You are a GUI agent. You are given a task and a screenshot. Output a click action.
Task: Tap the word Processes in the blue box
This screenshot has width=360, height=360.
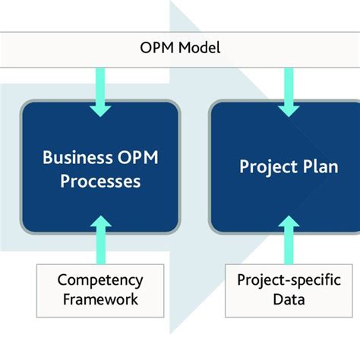(102, 182)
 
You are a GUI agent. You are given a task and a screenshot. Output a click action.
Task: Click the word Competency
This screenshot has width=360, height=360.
(99, 279)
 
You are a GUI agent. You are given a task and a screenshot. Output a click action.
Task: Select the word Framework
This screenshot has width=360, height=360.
(99, 298)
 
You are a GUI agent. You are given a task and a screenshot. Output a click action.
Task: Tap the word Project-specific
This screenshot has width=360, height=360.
(288, 279)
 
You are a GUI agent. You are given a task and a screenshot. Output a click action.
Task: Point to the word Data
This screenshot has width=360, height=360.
(288, 298)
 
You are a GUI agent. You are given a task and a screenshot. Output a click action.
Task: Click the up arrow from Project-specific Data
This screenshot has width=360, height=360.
(289, 239)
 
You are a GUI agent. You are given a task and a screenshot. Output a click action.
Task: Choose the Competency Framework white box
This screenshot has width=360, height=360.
(99, 289)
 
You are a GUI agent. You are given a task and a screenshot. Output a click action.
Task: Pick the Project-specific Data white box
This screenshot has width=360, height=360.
(288, 289)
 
